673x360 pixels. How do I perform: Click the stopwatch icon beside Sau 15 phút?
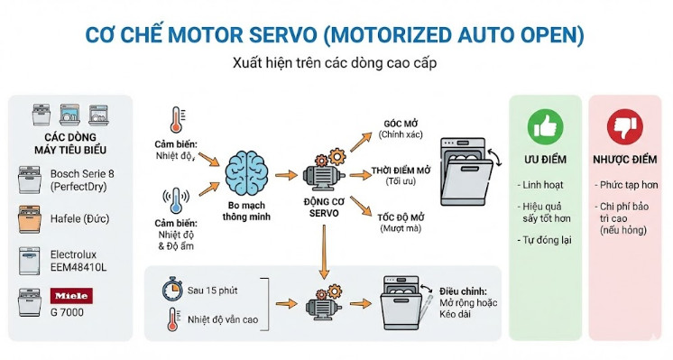pyautogui.click(x=171, y=291)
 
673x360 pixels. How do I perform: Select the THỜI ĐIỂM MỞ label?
pyautogui.click(x=402, y=171)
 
